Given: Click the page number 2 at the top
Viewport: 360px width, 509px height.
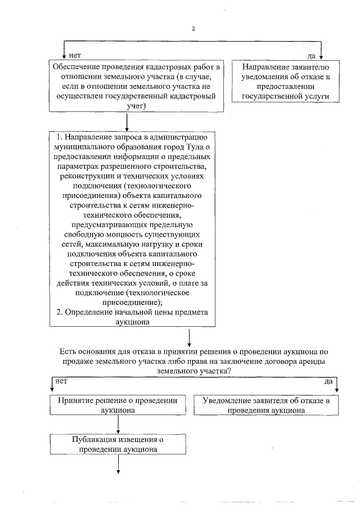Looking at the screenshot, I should pos(193,29).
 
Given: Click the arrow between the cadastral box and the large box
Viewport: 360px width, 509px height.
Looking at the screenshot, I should pos(129,122).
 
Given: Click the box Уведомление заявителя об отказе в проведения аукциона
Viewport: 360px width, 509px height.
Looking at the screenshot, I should pos(264,406).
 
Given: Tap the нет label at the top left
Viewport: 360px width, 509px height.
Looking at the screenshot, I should pos(74,55).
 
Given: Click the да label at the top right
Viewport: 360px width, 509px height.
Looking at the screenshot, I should pos(310,55).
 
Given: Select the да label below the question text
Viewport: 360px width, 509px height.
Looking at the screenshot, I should pos(328,381).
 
